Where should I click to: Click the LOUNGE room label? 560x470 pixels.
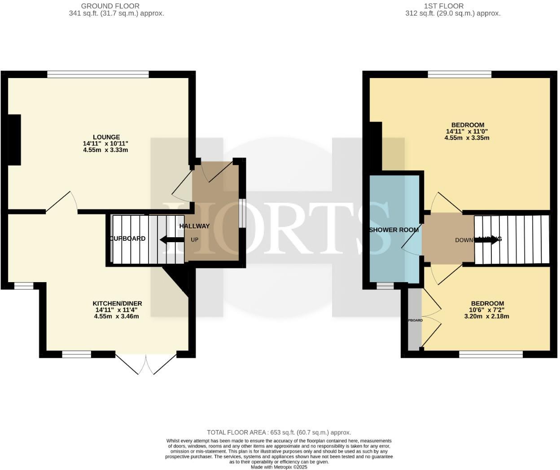coord(106,137)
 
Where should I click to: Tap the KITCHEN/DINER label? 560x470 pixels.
coord(117,304)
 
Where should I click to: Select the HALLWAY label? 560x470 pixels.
coord(194,226)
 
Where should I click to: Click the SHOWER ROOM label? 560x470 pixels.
coord(394,230)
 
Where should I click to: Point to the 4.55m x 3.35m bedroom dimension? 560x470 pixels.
coord(467,138)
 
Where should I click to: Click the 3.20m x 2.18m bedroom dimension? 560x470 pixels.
coord(486,316)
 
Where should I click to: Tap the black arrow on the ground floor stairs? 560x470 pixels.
coord(171,240)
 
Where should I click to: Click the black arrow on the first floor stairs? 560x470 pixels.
coord(487,239)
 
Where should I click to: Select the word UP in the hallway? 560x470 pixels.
coord(194,239)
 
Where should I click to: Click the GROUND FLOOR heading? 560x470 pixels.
coord(110,6)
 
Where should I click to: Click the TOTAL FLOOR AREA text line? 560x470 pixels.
coord(279,432)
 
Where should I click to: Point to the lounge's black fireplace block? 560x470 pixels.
coord(14,140)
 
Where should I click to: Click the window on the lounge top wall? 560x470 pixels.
coord(98,74)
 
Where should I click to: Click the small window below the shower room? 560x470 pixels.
coord(385,286)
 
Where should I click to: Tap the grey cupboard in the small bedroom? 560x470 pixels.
coord(415,320)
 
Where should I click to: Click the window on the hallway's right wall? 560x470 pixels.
coord(242,213)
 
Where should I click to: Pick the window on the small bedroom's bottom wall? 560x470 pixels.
coord(490,354)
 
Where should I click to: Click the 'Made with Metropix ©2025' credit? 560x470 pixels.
coord(279,467)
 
